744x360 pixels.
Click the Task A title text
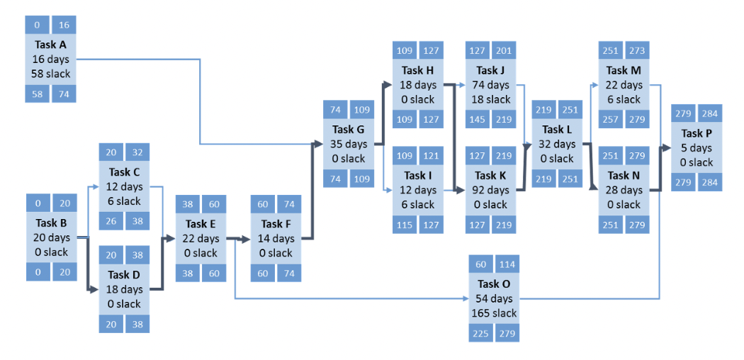pos(50,45)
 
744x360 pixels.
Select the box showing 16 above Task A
pos(64,26)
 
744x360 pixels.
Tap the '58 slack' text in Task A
pos(50,74)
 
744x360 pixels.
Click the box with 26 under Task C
pos(111,221)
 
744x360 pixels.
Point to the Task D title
pos(124,274)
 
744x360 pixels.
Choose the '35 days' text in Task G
pos(348,144)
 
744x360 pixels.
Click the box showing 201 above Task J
pos(504,50)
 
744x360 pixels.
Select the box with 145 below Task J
pos(478,119)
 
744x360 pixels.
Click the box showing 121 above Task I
pos(431,155)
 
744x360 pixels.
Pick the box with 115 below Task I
pos(405,224)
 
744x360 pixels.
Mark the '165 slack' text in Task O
pos(494,313)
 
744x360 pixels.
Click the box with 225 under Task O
pos(480,333)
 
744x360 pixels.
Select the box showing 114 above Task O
pos(507,264)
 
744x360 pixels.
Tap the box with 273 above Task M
pos(637,50)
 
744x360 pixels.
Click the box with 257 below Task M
pos(611,119)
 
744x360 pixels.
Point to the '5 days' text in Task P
pos(697,148)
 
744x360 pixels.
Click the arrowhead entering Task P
pos(667,148)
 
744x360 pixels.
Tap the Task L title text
pos(557,130)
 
